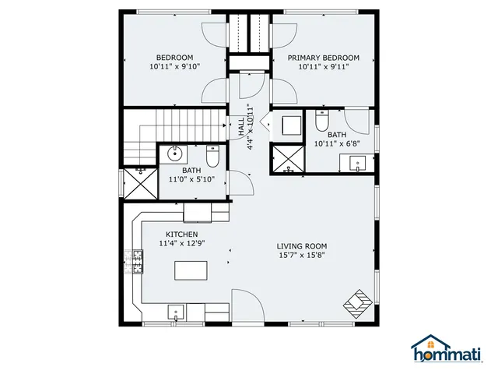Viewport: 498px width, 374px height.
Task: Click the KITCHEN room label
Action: coord(181,235)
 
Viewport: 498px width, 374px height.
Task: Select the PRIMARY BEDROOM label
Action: coord(324,58)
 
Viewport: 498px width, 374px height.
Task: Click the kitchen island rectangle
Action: coord(190,270)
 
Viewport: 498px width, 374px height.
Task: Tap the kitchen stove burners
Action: coord(138,261)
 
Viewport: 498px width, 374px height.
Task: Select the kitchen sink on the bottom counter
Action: coord(177,312)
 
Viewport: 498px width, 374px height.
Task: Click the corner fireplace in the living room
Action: coord(360,302)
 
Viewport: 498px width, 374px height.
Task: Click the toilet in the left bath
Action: coord(214,158)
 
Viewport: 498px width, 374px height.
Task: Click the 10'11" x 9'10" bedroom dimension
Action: coord(174,68)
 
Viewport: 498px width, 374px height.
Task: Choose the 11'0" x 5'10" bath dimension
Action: coord(191,179)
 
